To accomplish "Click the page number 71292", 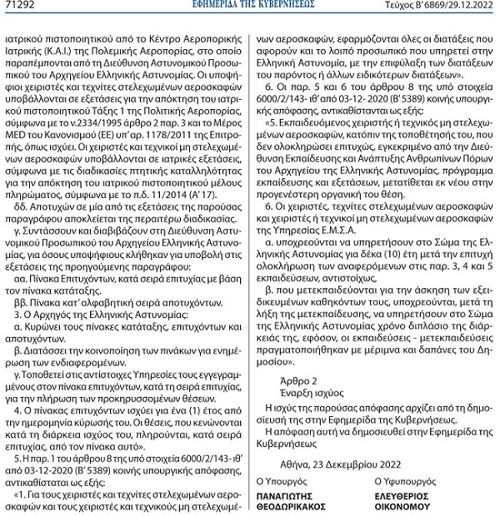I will tap(19, 7).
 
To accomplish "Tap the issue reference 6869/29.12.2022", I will tap(456, 7).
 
